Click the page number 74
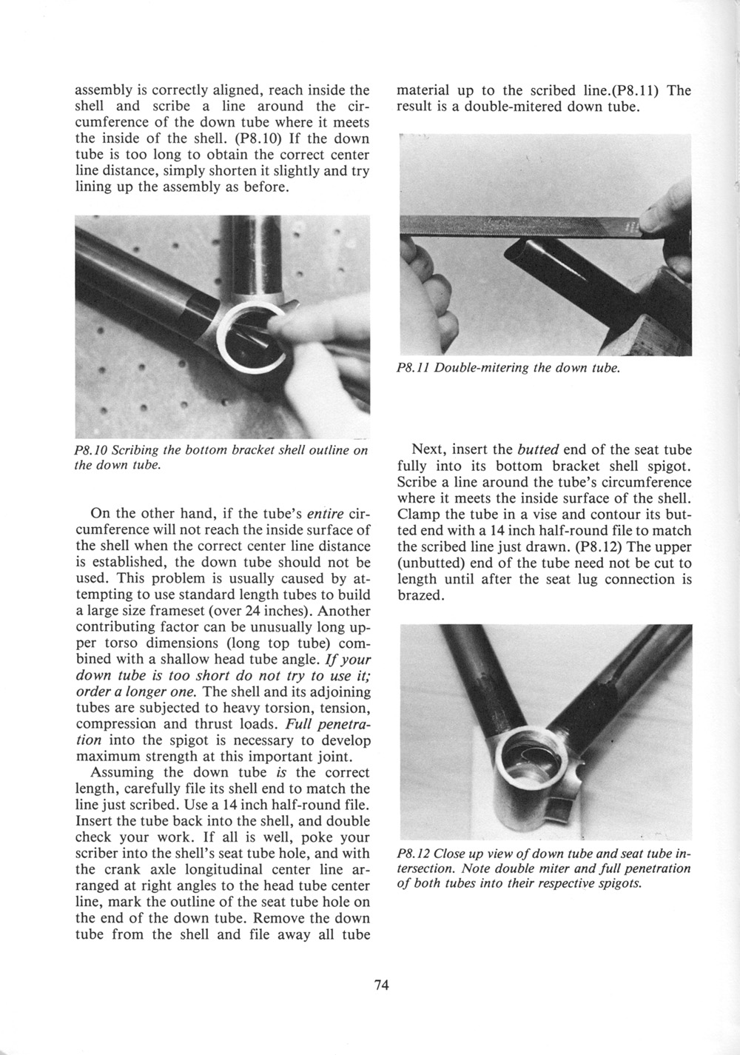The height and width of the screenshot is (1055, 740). click(x=382, y=985)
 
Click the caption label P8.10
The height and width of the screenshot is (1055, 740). click(x=92, y=451)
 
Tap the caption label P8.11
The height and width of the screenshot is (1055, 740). click(x=413, y=368)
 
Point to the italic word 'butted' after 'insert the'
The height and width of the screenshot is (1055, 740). click(x=538, y=450)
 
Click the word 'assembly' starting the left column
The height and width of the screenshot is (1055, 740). click(x=103, y=90)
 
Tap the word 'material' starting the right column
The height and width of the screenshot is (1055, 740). click(x=423, y=90)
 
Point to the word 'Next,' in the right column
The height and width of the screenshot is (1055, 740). click(x=427, y=450)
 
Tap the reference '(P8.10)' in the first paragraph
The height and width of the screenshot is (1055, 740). click(x=261, y=138)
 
